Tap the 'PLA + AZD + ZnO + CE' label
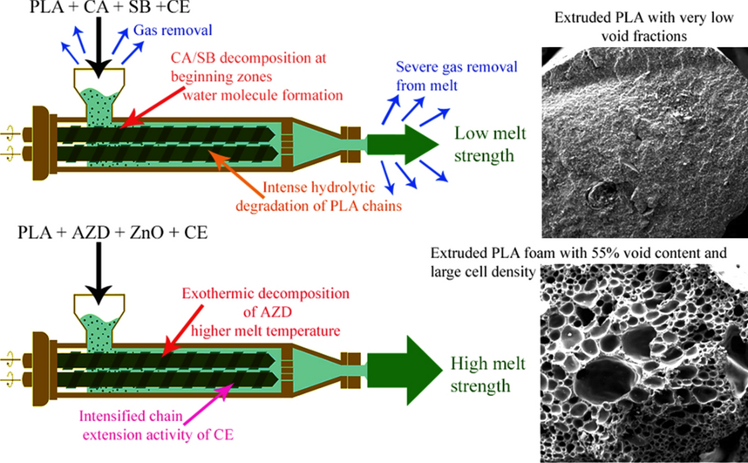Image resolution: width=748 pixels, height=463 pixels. coord(99,235)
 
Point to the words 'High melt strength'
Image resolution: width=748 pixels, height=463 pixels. coord(482,374)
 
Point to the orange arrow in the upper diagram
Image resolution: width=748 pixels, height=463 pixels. coord(235,166)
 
